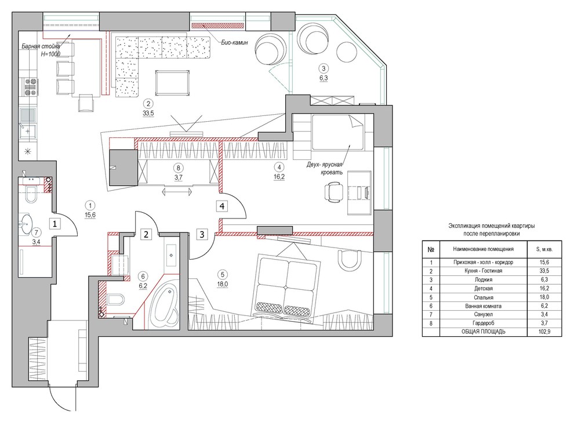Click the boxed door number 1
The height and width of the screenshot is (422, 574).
(55, 223)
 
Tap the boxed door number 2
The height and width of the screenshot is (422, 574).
(146, 234)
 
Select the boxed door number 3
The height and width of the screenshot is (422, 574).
(202, 234)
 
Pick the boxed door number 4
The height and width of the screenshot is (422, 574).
(222, 206)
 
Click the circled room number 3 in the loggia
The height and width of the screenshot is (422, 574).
(324, 68)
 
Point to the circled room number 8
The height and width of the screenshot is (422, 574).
(178, 168)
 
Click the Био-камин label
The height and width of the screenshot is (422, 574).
(234, 42)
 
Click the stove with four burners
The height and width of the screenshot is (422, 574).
(31, 87)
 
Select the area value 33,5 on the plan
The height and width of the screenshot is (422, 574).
(148, 114)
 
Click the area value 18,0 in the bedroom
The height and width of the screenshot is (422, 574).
(222, 284)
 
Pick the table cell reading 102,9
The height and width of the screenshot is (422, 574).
(544, 332)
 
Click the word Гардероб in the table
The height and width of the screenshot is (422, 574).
(483, 323)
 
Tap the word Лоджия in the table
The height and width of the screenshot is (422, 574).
(483, 280)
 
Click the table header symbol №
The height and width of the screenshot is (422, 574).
(431, 250)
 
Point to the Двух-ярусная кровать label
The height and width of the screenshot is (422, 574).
(325, 168)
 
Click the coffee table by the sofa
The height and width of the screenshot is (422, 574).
(172, 83)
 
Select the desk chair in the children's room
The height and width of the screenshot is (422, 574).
(333, 192)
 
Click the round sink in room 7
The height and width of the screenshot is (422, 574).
(26, 224)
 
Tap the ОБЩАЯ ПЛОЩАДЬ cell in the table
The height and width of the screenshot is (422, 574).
(483, 332)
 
